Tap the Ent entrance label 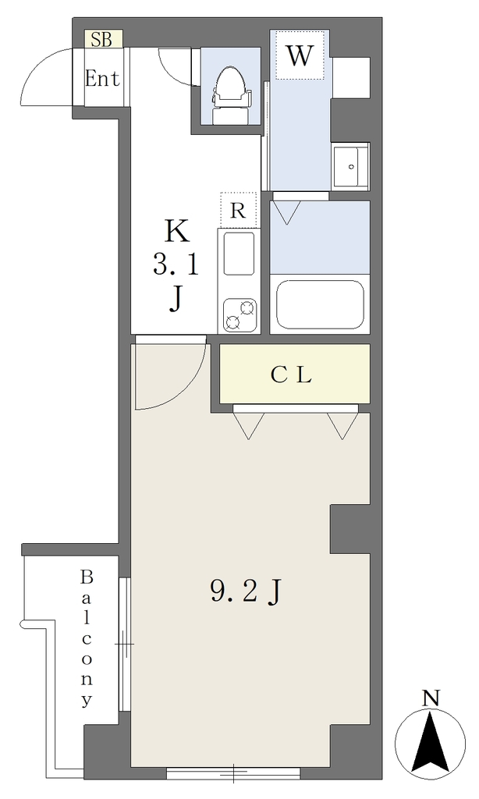pyautogui.click(x=102, y=79)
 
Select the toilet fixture pyautogui.click(x=232, y=95)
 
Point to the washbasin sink pyautogui.click(x=350, y=166)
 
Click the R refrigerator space pyautogui.click(x=238, y=210)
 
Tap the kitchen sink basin pyautogui.click(x=239, y=254)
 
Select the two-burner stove pyautogui.click(x=239, y=315)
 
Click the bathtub pyautogui.click(x=320, y=305)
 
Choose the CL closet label pyautogui.click(x=291, y=375)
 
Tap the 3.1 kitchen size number pyautogui.click(x=176, y=265)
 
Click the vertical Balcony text pyautogui.click(x=87, y=638)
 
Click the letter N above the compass pyautogui.click(x=431, y=698)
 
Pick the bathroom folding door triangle pyautogui.click(x=287, y=212)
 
